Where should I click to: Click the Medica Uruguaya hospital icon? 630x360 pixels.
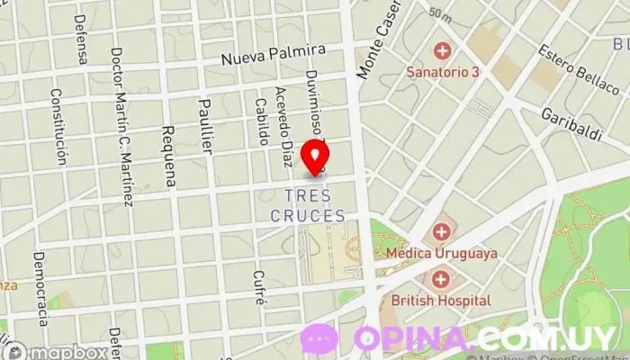click(x=442, y=233)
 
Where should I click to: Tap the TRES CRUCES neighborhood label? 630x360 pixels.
click(x=308, y=205)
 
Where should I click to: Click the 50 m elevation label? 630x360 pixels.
click(x=440, y=14)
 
